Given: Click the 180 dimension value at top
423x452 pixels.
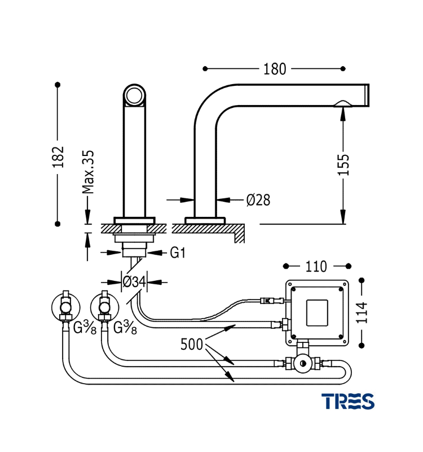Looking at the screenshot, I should (x=275, y=69).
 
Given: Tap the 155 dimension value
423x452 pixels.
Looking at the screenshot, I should (x=343, y=165).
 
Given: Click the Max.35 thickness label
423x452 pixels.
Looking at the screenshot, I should (x=87, y=172).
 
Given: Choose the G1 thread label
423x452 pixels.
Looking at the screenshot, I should (x=178, y=253).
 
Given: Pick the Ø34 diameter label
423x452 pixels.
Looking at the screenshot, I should (x=134, y=281).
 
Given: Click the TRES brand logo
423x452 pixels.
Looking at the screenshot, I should (x=347, y=401).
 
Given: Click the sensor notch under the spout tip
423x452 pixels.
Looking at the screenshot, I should (x=342, y=103).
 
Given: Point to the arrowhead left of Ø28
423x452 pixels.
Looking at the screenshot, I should (x=188, y=199).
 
